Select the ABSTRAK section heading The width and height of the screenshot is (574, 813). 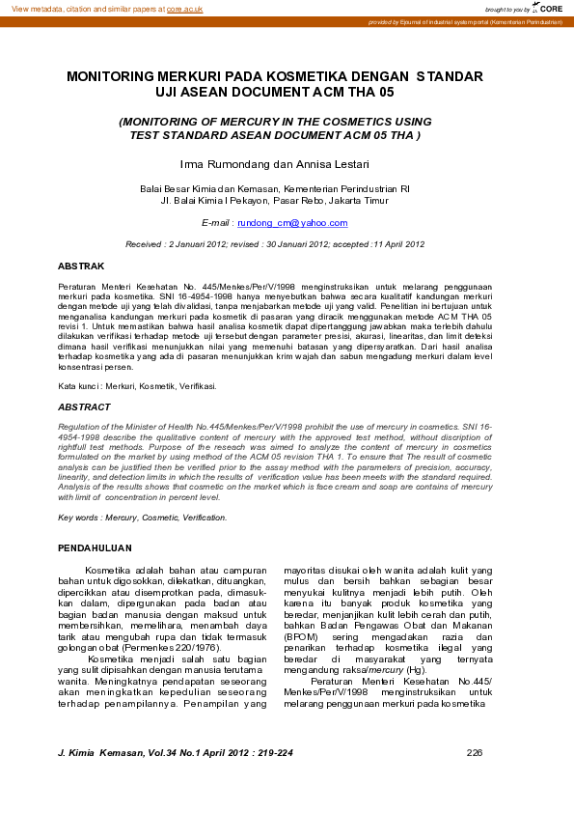[x=81, y=265]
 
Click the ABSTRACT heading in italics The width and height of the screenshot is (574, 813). [x=85, y=406]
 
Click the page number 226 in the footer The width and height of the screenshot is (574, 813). [x=474, y=752]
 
